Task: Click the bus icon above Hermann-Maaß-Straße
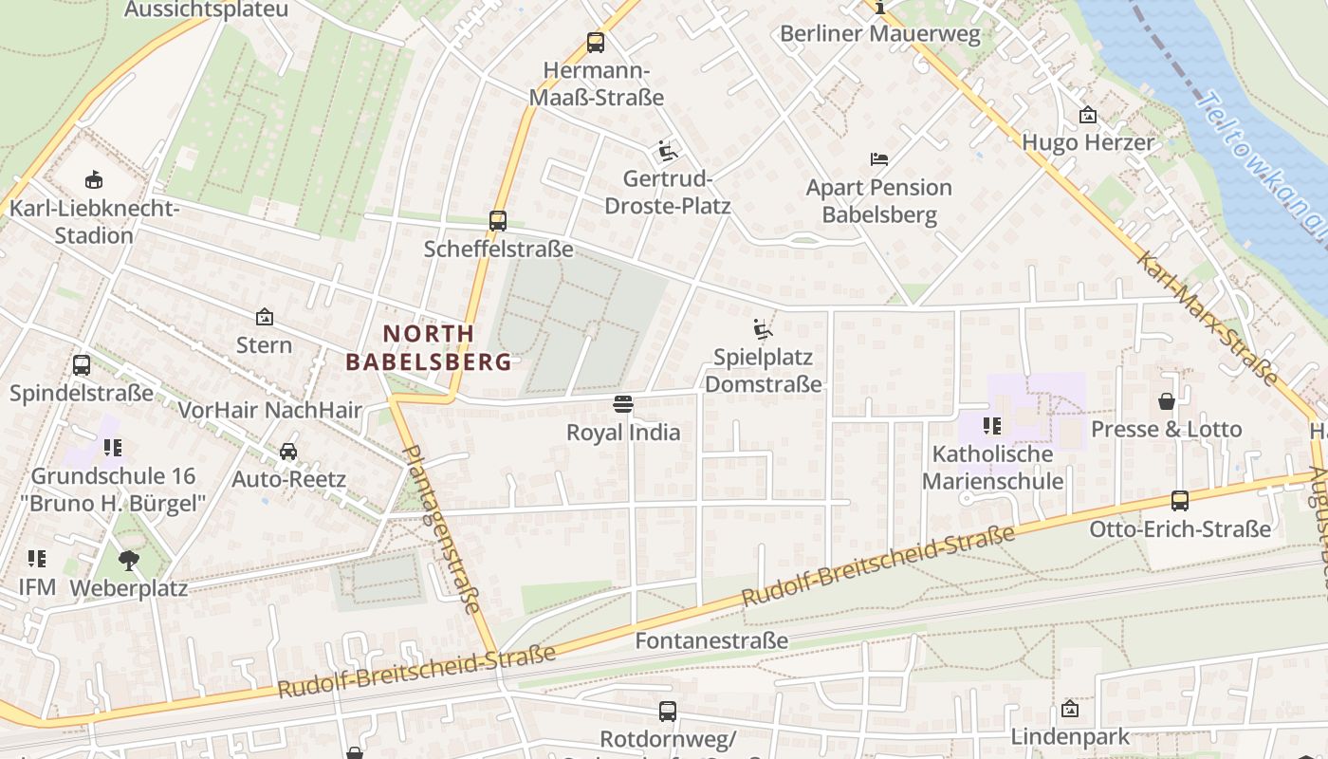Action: tap(595, 42)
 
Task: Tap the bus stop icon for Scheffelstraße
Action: tap(498, 221)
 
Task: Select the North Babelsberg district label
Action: tap(429, 347)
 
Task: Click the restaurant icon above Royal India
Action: tap(623, 405)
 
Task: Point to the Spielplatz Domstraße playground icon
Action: tap(763, 329)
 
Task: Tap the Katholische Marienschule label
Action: tap(992, 467)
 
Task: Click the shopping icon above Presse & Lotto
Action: tap(1166, 401)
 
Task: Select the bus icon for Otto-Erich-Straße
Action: tap(1179, 501)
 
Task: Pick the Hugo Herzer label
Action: tap(1087, 142)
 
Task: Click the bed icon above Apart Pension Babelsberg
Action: tap(879, 159)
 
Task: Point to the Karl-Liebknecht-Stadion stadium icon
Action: tap(93, 179)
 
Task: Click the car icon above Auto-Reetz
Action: tap(288, 452)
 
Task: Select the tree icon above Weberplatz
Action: tap(129, 561)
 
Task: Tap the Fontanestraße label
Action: tap(710, 640)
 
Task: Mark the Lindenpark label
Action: tap(1070, 736)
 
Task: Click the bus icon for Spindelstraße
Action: tap(82, 365)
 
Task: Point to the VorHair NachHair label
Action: tap(270, 410)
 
